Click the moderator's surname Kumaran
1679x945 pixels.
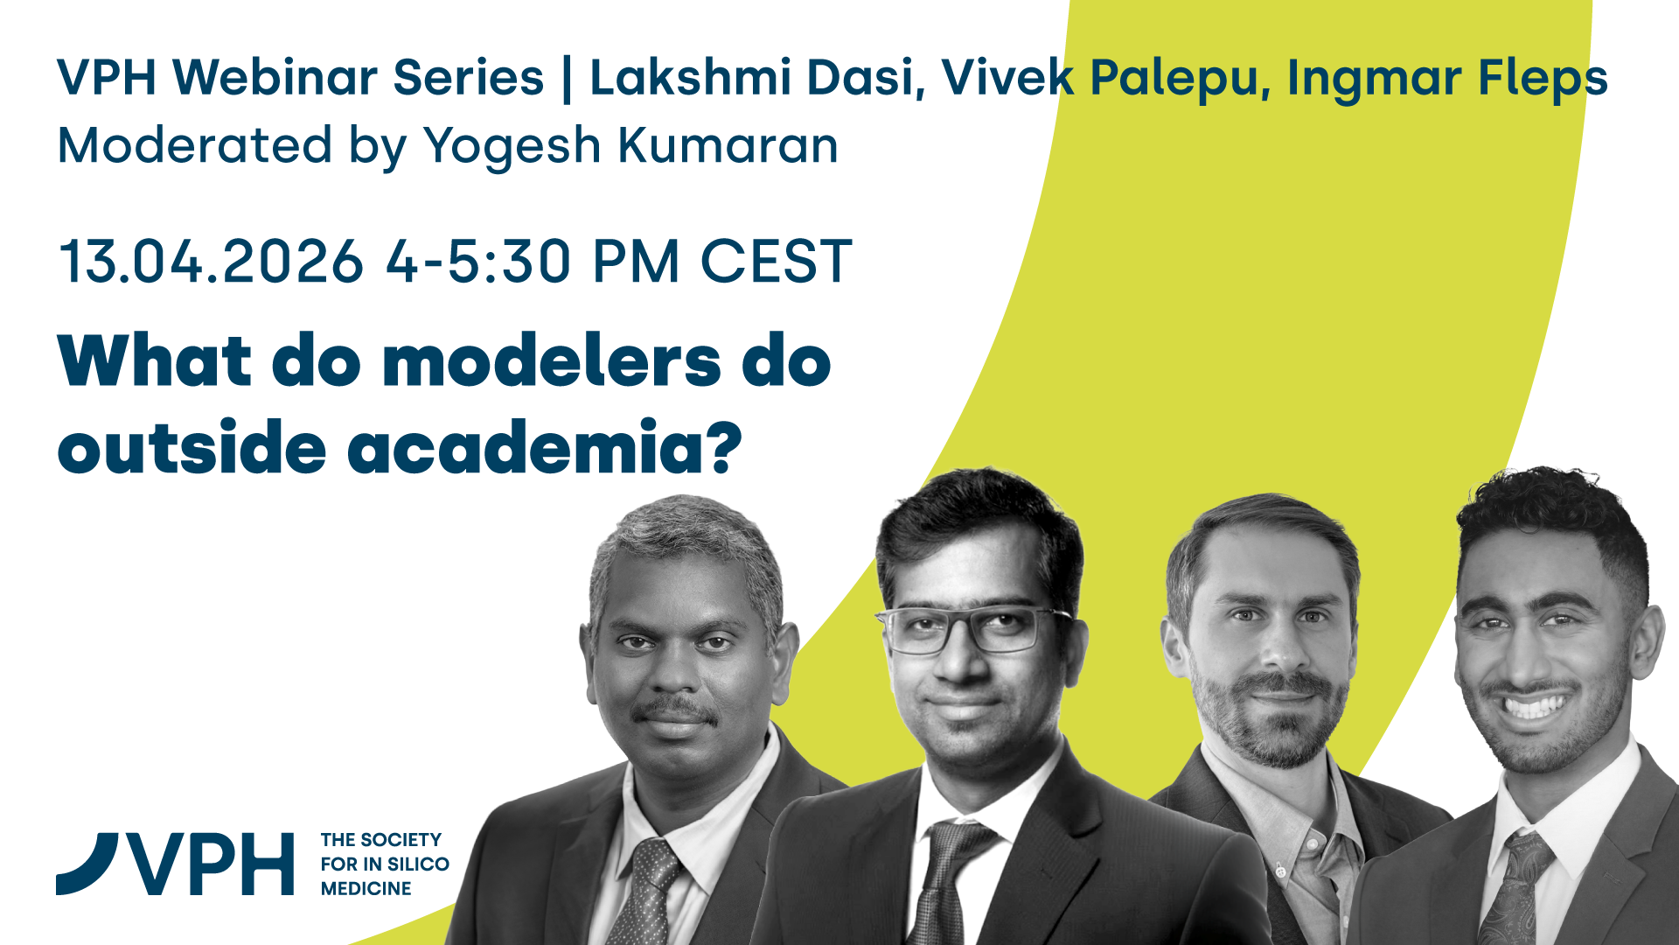[x=728, y=145]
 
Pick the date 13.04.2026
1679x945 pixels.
[x=211, y=261]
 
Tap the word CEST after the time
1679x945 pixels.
[x=776, y=261]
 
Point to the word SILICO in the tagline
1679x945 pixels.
[x=418, y=864]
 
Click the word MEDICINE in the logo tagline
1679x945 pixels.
[x=366, y=889]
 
